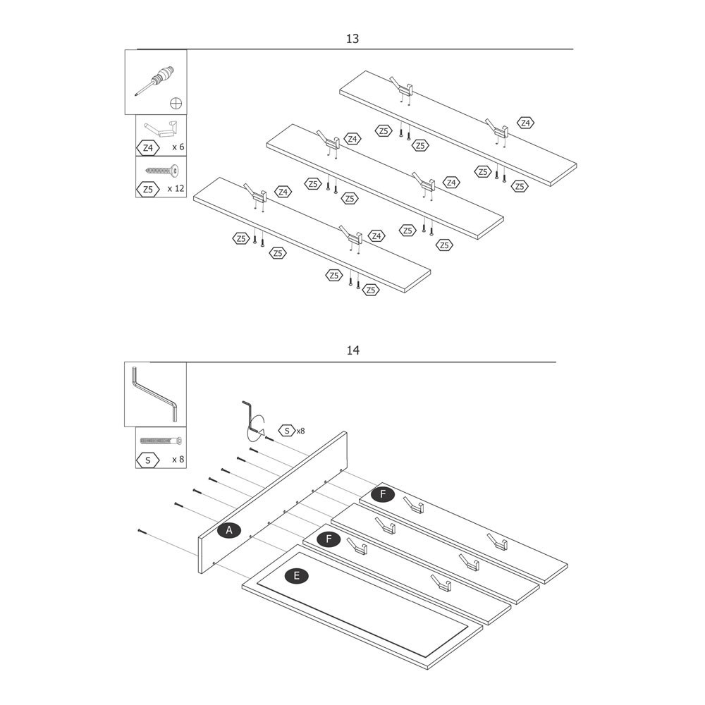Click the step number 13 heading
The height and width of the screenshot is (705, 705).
(352, 39)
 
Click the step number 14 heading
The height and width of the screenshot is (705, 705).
(352, 350)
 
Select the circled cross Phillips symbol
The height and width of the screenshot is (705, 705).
(176, 104)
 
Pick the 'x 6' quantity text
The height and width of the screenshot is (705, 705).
(178, 147)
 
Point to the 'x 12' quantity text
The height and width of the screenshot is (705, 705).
(176, 189)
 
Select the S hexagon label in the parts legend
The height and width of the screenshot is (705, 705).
(147, 460)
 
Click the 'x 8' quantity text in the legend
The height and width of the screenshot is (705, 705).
(178, 460)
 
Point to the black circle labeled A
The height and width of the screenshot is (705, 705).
(228, 530)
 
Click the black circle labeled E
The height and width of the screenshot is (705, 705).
(296, 576)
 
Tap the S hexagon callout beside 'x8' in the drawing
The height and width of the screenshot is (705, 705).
(286, 430)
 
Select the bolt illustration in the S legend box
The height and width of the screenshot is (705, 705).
(161, 441)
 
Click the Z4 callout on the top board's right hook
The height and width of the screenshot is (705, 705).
(525, 123)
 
